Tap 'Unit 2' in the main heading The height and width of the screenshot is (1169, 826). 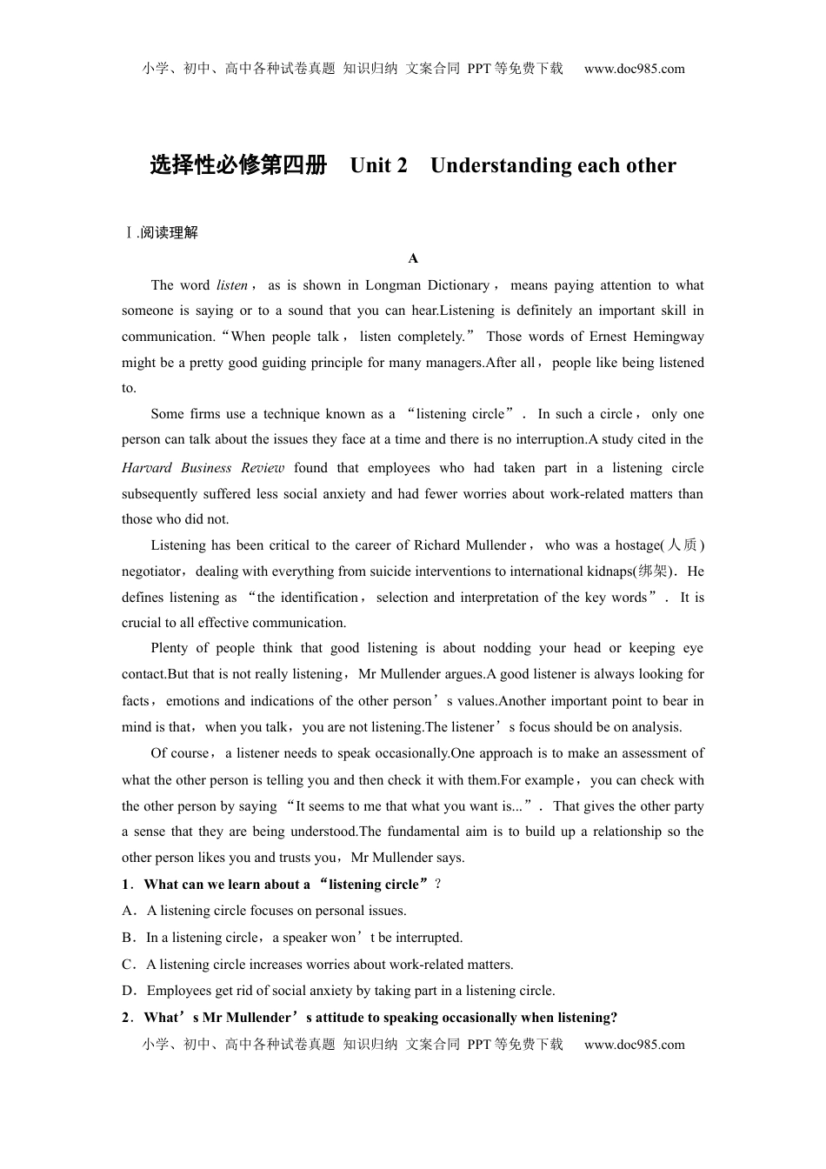378,165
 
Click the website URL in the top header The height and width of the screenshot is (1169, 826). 634,69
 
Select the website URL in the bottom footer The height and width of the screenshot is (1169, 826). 634,1045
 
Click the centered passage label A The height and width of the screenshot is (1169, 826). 413,258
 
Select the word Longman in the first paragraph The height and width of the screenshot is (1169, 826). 393,285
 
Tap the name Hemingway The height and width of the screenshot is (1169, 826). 669,337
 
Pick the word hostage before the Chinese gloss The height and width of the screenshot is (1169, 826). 637,545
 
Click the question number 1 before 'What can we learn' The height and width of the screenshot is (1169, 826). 126,885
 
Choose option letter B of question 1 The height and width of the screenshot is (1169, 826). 127,938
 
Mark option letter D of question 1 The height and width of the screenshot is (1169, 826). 127,991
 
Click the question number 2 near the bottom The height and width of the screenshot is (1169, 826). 126,1018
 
